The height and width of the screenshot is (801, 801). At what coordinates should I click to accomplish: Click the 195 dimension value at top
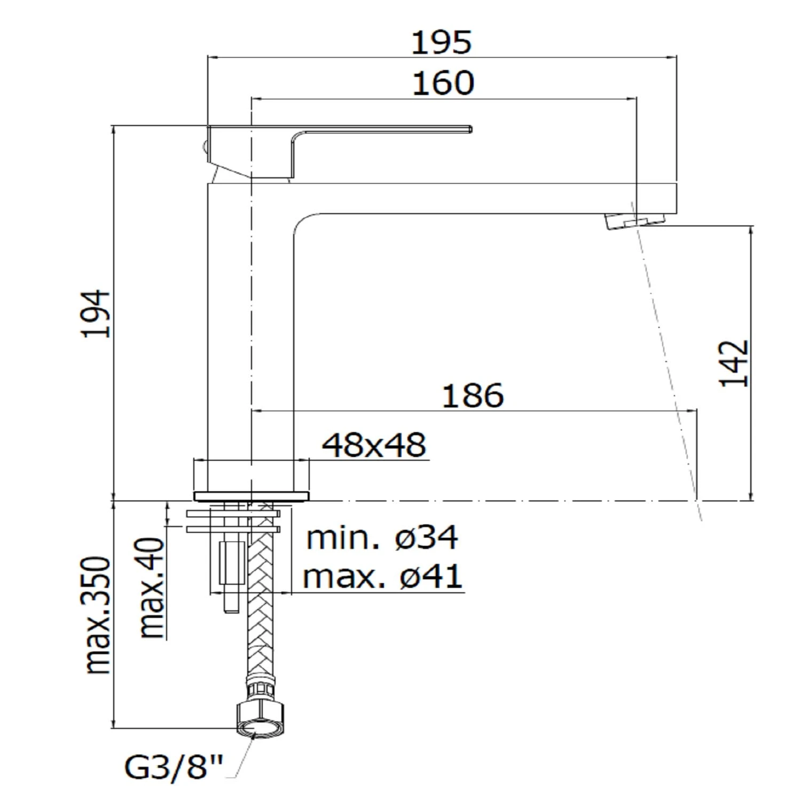442,43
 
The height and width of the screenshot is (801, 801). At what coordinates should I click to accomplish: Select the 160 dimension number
443,84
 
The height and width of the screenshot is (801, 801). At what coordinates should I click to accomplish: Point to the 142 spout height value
734,363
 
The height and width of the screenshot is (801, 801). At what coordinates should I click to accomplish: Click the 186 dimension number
473,396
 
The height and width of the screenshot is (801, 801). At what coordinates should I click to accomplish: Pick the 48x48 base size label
374,445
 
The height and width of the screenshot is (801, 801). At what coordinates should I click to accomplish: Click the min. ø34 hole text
382,538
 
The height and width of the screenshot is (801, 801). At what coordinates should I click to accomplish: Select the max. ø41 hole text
382,577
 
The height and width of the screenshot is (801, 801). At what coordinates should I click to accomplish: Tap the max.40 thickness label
152,587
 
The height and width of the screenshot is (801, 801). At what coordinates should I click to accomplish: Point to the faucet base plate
252,496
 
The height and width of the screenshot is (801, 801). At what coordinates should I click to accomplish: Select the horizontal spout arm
481,199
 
